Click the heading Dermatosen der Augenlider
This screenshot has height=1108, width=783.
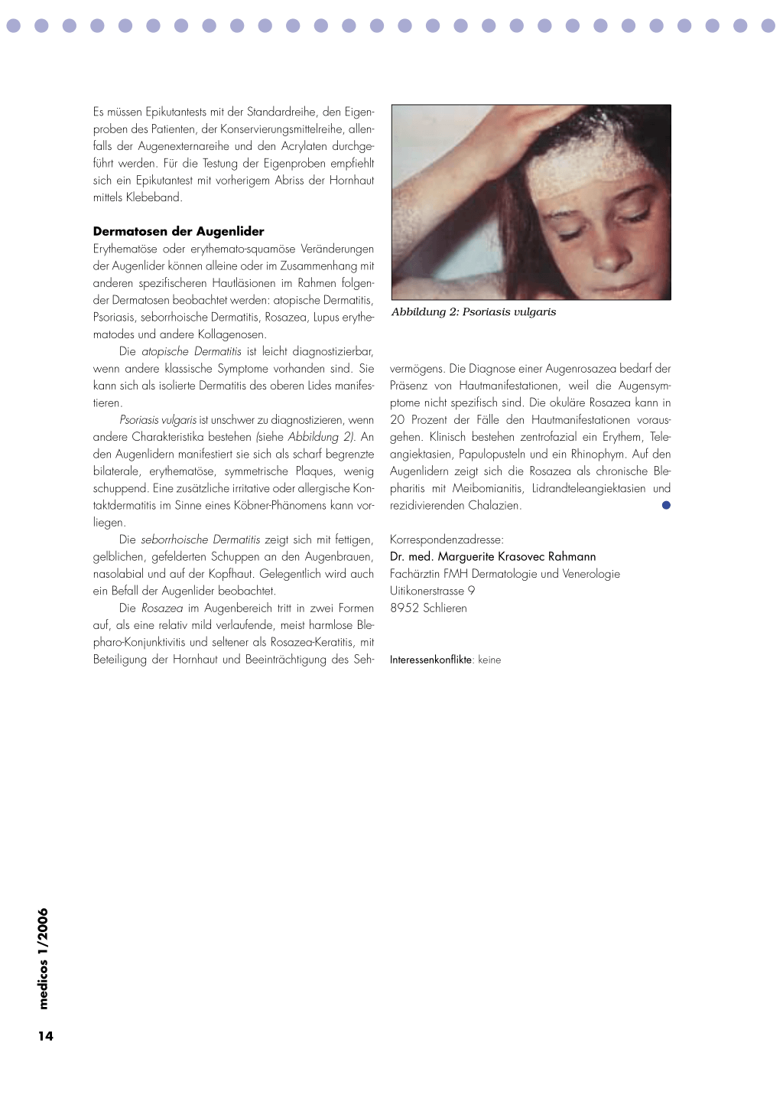click(178, 231)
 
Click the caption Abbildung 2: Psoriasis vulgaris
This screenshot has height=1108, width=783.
click(473, 312)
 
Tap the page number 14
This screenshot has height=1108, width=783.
click(46, 1036)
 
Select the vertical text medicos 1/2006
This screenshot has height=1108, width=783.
click(43, 959)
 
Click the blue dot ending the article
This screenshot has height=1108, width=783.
click(666, 505)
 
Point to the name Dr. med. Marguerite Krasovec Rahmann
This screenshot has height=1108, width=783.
click(492, 556)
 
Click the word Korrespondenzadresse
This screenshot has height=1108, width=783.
click(446, 539)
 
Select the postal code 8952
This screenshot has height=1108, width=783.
click(404, 608)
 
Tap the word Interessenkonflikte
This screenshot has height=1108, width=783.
click(430, 660)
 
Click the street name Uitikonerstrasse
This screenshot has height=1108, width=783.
click(427, 591)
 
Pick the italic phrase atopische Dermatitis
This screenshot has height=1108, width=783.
click(191, 351)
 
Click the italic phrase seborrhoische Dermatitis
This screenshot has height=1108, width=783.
click(200, 539)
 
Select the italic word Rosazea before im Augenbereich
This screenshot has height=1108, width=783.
click(162, 608)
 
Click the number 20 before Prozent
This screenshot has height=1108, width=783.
click(398, 419)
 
